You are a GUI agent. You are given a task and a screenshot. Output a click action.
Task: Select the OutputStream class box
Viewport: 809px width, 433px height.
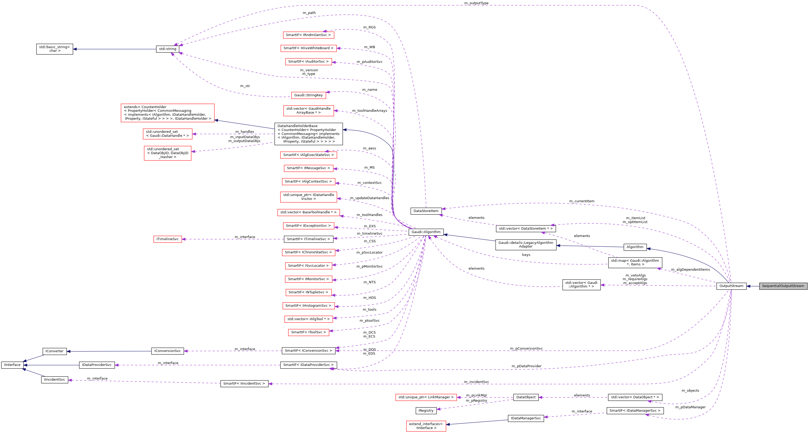pyautogui.click(x=731, y=286)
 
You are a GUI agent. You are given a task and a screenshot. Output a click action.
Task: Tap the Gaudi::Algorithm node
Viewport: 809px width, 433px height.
pyautogui.click(x=426, y=232)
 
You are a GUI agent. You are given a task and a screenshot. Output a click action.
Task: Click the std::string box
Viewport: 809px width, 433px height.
pyautogui.click(x=167, y=49)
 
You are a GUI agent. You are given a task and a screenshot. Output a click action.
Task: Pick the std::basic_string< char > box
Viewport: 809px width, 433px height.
pyautogui.click(x=54, y=49)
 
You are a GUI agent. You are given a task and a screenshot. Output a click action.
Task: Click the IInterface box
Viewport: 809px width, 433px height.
pyautogui.click(x=12, y=365)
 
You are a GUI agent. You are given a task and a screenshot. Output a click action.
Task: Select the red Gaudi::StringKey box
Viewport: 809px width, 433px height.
pyautogui.click(x=308, y=95)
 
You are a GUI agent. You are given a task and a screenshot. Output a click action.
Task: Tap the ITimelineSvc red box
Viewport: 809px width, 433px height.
pyautogui.click(x=167, y=239)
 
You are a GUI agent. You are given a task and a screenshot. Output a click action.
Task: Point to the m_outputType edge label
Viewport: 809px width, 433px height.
pyautogui.click(x=476, y=3)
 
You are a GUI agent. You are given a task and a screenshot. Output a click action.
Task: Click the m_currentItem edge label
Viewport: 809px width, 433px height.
pyautogui.click(x=581, y=201)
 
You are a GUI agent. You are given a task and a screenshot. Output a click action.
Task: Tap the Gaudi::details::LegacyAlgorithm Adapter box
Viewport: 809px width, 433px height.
pyautogui.click(x=525, y=245)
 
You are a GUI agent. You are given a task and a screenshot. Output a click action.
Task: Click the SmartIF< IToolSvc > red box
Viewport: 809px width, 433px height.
pyautogui.click(x=308, y=332)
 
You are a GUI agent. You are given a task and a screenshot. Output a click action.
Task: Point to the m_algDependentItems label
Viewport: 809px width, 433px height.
pyautogui.click(x=690, y=270)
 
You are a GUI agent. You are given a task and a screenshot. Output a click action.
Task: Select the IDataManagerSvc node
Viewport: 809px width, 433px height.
pyautogui.click(x=525, y=418)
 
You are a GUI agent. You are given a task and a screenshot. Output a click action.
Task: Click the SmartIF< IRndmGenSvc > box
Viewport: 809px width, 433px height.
pyautogui.click(x=308, y=35)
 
